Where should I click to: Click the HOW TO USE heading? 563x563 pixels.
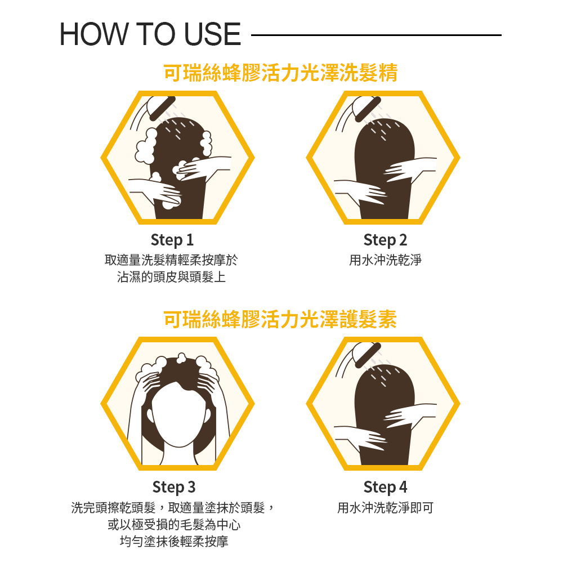coord(150,35)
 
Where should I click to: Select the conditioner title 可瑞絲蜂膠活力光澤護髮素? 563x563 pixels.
coord(280,319)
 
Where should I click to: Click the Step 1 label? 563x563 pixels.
coord(172,240)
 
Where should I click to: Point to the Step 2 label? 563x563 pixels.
coord(385,240)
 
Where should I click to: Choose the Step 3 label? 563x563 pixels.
coord(173,486)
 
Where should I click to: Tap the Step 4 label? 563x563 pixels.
coord(385,486)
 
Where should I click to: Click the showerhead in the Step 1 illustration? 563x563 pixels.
coord(161,107)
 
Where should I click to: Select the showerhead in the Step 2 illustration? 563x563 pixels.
coord(366,107)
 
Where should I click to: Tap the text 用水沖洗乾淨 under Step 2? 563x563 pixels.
coord(385,260)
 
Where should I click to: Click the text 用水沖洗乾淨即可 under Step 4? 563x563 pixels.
coord(385,508)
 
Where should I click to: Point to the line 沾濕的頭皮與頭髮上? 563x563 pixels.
coord(171,277)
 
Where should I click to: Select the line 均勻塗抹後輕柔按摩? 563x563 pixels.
coord(173,542)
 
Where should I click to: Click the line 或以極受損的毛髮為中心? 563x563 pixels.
coord(173,525)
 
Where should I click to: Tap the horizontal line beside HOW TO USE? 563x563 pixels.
coord(376,35)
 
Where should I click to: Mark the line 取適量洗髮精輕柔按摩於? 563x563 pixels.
coord(171,260)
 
